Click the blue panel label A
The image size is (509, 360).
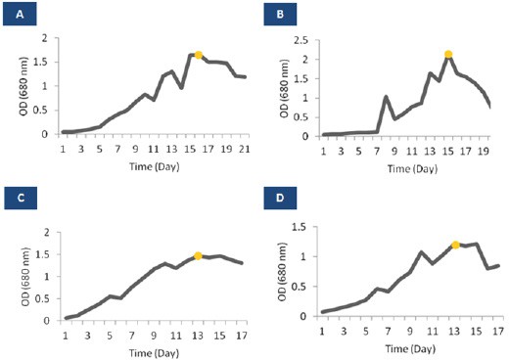(20, 15)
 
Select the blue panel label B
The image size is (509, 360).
(280, 15)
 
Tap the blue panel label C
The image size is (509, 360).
(21, 198)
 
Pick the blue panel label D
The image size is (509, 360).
(280, 198)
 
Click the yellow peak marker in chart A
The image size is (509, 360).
(198, 55)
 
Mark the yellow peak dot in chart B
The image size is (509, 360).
(448, 54)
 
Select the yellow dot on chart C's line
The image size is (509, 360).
(198, 256)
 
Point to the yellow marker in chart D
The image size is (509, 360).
(455, 245)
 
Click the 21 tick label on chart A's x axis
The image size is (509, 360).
(245, 150)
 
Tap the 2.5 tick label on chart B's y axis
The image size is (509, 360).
(301, 41)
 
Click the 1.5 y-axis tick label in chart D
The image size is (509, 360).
(300, 227)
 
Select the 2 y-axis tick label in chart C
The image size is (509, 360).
(47, 233)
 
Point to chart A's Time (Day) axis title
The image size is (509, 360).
(155, 167)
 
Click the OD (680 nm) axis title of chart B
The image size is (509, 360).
(284, 88)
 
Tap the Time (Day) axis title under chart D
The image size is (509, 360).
(410, 349)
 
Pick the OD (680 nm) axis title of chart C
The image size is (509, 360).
(25, 277)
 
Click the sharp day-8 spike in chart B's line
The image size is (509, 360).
(386, 97)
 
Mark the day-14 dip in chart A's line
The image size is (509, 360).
(181, 87)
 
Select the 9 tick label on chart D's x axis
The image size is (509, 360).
(410, 332)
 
